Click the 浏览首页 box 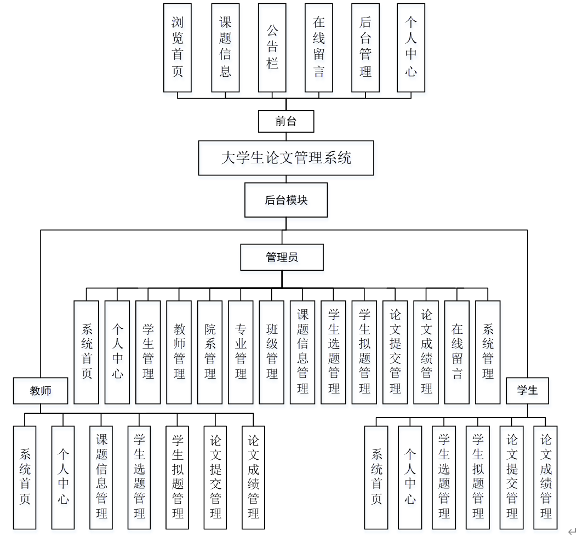point(178,48)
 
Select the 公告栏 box point(272,48)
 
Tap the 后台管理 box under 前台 point(365,48)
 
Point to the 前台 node point(286,122)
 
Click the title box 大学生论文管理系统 point(286,158)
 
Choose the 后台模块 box point(286,200)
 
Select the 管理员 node point(282,257)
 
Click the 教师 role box point(41,391)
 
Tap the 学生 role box point(527,391)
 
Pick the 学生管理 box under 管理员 point(148,352)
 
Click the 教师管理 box point(179,352)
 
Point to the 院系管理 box point(210,352)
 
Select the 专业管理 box point(241,352)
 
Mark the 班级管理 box point(272,352)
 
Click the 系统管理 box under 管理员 point(488,352)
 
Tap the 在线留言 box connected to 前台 point(319,48)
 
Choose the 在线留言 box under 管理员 point(457,352)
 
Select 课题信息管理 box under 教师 point(101,477)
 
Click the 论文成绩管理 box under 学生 point(546,477)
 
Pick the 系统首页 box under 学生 point(376,477)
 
